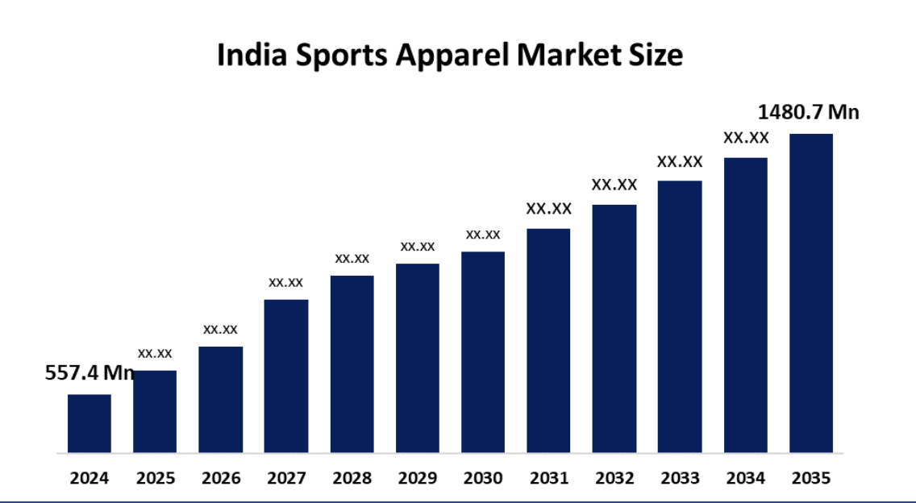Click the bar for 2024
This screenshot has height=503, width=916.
90,423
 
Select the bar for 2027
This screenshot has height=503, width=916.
286,376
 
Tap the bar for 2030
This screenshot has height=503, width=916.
483,352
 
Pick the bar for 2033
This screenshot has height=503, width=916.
680,317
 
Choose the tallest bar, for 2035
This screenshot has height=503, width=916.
810,293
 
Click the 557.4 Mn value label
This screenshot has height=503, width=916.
89,373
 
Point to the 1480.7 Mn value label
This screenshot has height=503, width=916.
809,112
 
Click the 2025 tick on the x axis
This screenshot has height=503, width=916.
156,478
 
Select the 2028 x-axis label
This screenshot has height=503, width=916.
352,478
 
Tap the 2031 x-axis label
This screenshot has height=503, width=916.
549,478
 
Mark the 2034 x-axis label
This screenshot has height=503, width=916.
746,478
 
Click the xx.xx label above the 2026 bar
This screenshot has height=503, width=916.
220,329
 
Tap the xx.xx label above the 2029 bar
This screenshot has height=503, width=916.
418,246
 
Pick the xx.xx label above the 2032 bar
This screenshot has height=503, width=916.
614,185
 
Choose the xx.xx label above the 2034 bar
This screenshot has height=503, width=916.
746,138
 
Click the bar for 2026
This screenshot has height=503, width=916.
220,400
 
